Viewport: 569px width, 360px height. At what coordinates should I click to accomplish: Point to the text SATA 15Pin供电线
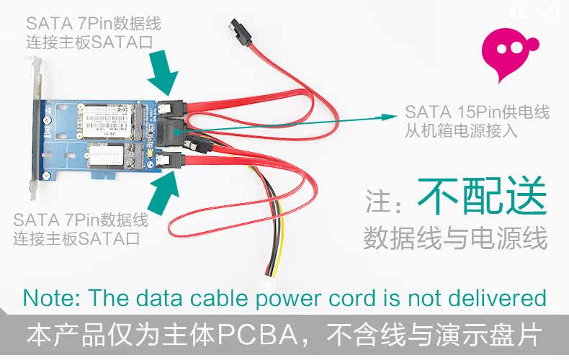[477, 112]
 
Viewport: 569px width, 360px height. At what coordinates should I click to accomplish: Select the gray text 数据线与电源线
[455, 238]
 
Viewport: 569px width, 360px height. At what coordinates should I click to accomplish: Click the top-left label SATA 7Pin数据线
[91, 24]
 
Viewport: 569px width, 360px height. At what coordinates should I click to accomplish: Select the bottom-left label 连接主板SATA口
[79, 236]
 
